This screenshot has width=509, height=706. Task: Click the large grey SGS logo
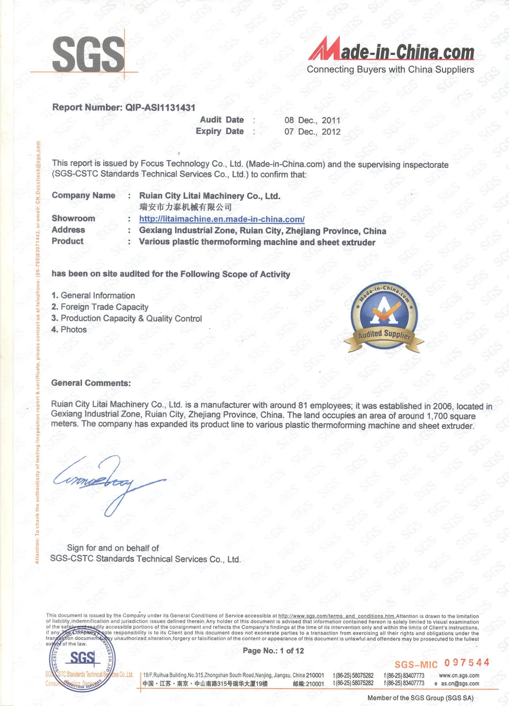pos(88,54)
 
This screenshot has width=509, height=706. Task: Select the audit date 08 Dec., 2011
pos(312,120)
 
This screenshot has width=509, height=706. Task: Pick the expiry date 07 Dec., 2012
pos(312,131)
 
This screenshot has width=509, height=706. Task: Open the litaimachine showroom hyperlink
pos(222,219)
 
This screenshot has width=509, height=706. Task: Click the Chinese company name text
pos(185,207)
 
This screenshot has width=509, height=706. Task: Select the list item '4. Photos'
pos(69,329)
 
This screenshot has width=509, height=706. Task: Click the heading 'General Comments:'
pos(91,383)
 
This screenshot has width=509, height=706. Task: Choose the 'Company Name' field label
pos(83,195)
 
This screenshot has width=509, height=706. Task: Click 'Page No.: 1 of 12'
pos(273,651)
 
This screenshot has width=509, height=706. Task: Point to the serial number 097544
pos(467,662)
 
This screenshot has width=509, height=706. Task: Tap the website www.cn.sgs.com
pos(459,675)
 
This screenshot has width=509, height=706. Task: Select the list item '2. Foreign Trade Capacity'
pos(100,307)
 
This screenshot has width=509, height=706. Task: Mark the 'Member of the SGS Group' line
pos(420,698)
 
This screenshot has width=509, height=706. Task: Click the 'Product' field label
pos(68,241)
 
